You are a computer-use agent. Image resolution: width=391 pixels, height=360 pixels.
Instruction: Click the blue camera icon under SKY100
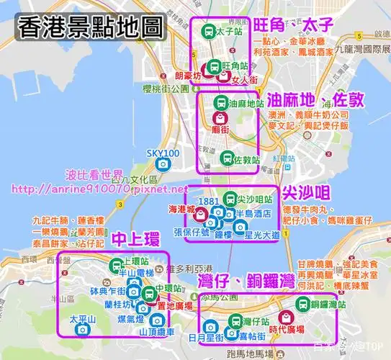coord(163,164)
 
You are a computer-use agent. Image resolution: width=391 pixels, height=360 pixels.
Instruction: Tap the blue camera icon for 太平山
coord(82,329)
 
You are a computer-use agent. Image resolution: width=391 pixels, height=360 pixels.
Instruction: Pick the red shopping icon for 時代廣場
coord(285,317)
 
